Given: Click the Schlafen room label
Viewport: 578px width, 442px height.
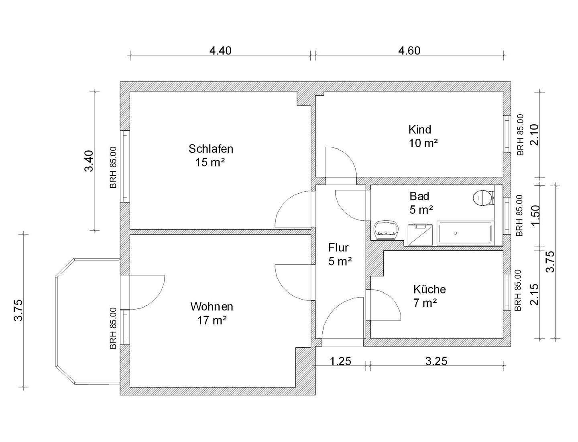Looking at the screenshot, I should pyautogui.click(x=211, y=149).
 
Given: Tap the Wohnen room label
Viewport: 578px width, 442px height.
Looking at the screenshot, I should pyautogui.click(x=212, y=307).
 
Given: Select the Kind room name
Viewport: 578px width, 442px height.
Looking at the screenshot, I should pyautogui.click(x=420, y=130).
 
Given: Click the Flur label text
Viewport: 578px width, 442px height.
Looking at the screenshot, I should pyautogui.click(x=338, y=247).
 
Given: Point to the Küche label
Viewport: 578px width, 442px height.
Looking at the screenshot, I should pyautogui.click(x=429, y=289).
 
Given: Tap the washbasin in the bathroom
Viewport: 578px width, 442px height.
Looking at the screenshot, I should pyautogui.click(x=387, y=230).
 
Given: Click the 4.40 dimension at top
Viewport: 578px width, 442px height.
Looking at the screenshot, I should pyautogui.click(x=220, y=51).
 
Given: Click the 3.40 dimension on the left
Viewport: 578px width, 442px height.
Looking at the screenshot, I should pyautogui.click(x=89, y=161).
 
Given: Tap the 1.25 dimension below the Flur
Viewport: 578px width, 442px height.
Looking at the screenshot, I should pyautogui.click(x=340, y=361).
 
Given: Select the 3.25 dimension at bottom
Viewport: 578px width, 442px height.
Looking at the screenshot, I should pyautogui.click(x=436, y=361).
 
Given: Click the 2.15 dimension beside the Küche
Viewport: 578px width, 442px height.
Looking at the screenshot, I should pyautogui.click(x=534, y=294).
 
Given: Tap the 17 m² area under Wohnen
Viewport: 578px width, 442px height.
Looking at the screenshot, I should pyautogui.click(x=212, y=320).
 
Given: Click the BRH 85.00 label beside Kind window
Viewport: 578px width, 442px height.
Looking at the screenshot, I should pyautogui.click(x=521, y=135).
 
